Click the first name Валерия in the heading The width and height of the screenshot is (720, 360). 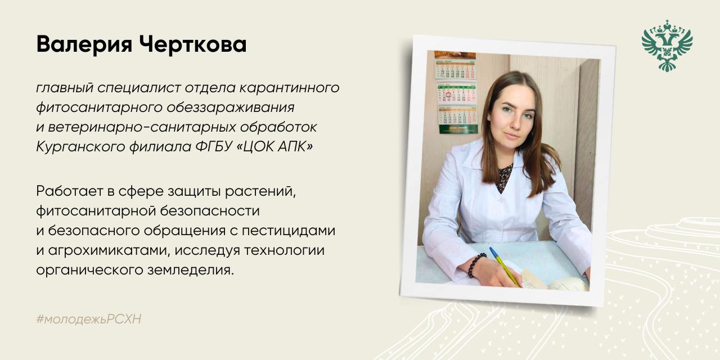pos(84,44)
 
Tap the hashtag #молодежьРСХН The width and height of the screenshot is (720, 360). pos(89,319)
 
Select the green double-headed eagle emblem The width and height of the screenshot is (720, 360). pos(667,46)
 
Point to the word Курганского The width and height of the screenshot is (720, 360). pos(80,147)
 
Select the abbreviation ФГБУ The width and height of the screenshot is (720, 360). pos(214,147)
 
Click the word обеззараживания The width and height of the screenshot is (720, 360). pos(231,107)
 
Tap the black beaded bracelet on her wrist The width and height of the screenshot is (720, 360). pos(476,264)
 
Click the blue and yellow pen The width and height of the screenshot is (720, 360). pos(505,267)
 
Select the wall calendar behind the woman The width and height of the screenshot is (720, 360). pos(456,93)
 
